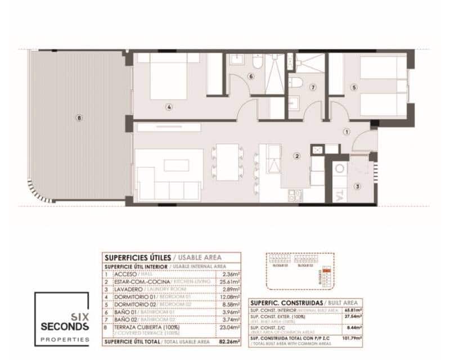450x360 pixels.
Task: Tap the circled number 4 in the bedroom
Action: (x=168, y=106)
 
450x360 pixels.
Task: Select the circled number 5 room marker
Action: (x=353, y=87)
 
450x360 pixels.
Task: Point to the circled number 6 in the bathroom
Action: (x=251, y=76)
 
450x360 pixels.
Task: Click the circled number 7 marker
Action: (x=313, y=87)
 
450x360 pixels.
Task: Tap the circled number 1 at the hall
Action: (x=346, y=131)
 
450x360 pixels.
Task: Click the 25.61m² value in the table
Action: (x=231, y=281)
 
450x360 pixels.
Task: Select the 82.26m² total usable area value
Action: (x=231, y=341)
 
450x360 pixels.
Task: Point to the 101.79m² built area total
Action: (x=352, y=339)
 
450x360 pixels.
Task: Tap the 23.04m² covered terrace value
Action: (x=231, y=327)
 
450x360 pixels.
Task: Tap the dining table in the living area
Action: (x=228, y=162)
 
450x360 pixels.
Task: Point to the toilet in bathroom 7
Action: (x=296, y=84)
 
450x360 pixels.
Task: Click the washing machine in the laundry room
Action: (x=340, y=168)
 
